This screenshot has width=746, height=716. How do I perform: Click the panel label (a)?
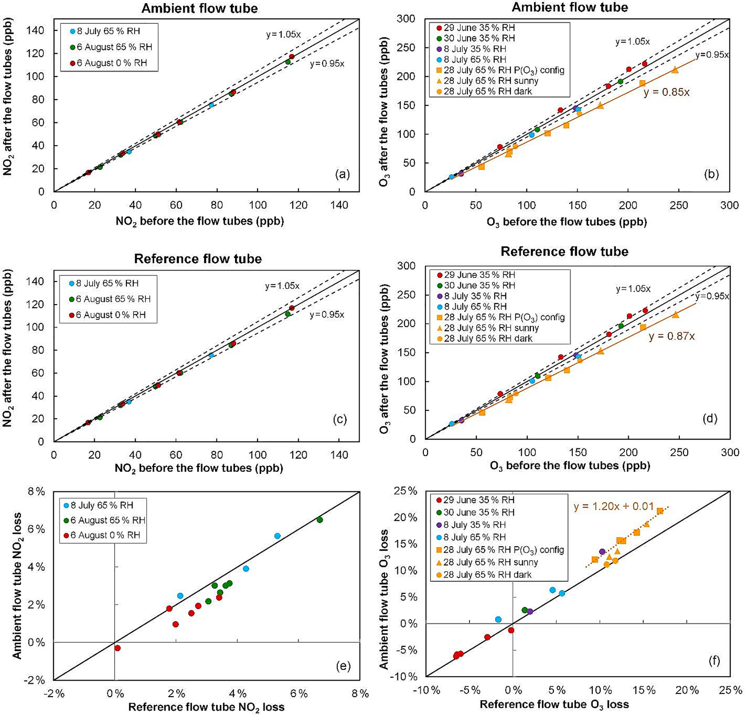(x=342, y=174)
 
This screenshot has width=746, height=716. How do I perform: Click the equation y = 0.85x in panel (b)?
(x=666, y=92)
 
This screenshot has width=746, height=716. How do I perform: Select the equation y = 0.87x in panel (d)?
(x=672, y=336)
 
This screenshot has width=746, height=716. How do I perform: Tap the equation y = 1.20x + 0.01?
(x=614, y=507)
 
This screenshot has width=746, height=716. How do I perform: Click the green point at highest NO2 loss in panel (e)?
(x=319, y=520)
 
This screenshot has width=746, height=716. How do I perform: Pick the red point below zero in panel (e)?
(x=118, y=648)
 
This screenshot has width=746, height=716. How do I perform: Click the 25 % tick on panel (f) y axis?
(x=407, y=491)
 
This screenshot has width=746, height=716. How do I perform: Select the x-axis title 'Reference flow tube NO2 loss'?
(x=206, y=707)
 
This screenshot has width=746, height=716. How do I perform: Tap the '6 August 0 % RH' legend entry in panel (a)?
(x=112, y=63)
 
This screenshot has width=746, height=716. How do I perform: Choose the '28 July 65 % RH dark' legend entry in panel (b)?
(x=487, y=91)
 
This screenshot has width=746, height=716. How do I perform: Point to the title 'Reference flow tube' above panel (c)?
(x=198, y=259)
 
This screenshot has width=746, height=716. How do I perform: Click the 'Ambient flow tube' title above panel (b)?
(x=569, y=7)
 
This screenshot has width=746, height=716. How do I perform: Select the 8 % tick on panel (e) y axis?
(x=36, y=491)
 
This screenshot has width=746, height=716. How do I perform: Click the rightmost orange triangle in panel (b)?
(x=675, y=70)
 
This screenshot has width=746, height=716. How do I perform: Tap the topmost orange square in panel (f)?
(x=660, y=511)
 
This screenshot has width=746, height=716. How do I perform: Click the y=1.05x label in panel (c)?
(x=282, y=286)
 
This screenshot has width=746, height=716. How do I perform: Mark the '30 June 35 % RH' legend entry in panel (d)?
(x=479, y=286)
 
